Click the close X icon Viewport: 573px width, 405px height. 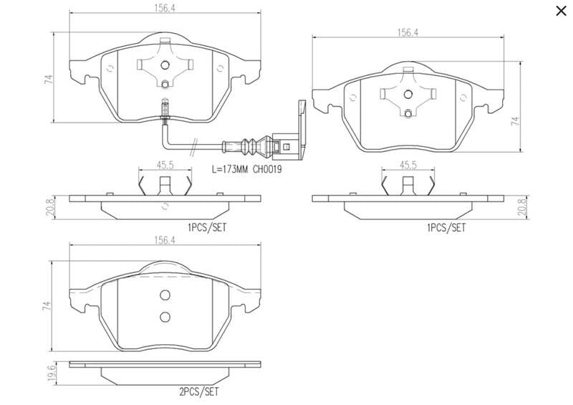[561, 11]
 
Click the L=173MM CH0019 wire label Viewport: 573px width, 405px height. [247, 170]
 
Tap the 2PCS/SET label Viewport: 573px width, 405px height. [199, 392]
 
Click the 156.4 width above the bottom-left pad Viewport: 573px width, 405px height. [165, 240]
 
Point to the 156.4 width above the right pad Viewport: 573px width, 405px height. [408, 32]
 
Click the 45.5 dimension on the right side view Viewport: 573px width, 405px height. [408, 165]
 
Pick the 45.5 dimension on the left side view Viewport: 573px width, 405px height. [165, 165]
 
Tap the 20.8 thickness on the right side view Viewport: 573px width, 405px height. [523, 206]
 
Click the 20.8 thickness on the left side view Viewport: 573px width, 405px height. [51, 206]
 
